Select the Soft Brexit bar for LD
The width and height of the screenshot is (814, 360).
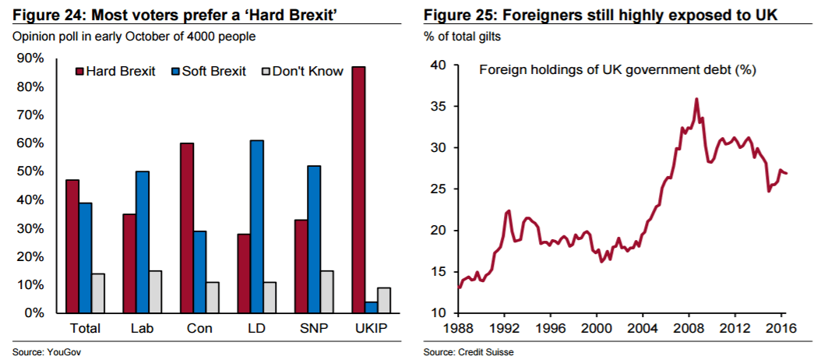257,226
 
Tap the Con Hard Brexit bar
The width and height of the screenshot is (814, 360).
187,228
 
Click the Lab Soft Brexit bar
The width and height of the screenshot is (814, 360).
143,242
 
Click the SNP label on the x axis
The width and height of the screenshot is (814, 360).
314,328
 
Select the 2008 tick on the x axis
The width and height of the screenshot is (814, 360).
687,328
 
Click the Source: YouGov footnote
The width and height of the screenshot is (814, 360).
47,352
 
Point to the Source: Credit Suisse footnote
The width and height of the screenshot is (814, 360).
469,352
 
